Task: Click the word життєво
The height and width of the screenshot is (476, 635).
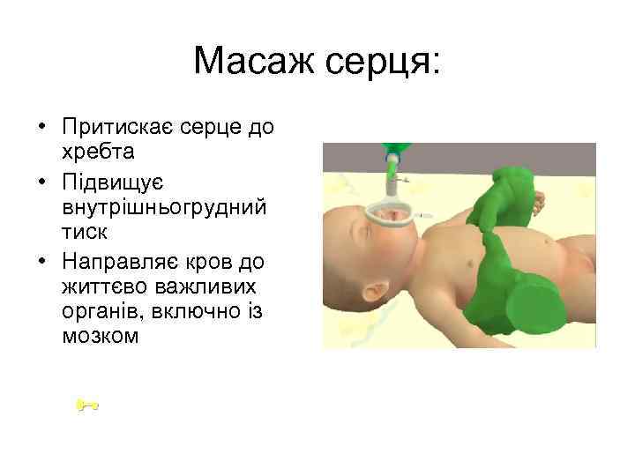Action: [x=96, y=287]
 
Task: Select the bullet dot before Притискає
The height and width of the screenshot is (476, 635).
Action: [x=41, y=129]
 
